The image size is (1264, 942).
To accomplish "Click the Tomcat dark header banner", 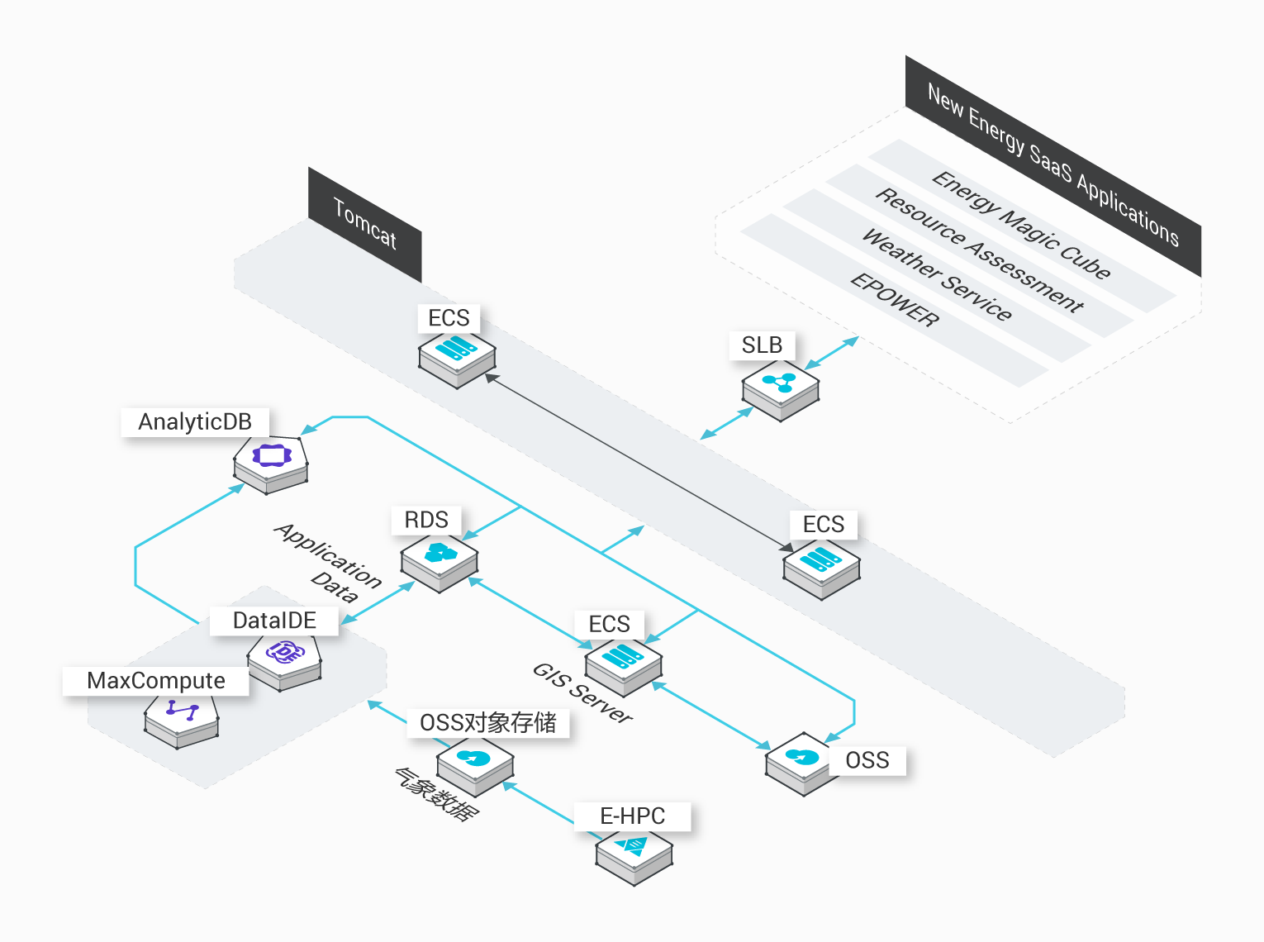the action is coord(364,225).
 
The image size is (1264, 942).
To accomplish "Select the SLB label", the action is coord(762,345).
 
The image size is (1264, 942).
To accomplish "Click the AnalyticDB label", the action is coord(195,422).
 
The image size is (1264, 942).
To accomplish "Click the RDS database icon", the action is coord(439,562).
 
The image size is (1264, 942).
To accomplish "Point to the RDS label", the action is coord(426,520).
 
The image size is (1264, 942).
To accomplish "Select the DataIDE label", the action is coord(274,621).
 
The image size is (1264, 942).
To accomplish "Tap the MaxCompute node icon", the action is coord(181,721).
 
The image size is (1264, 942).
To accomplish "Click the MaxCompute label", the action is coord(155,681).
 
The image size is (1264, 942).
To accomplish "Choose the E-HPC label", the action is coord(632,816).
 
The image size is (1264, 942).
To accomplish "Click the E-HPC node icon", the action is coord(634,857).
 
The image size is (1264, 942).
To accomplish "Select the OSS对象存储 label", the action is coord(487,723).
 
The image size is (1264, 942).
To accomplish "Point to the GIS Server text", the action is coord(582,692).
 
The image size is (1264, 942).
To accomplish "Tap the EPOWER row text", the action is coord(895,300).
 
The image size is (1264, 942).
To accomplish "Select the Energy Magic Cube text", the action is coord(1020,226).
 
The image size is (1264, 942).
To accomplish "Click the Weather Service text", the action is coord(937,274).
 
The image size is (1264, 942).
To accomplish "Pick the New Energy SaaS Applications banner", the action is coord(1053,165).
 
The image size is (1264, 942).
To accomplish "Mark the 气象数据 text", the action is coord(436,794).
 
